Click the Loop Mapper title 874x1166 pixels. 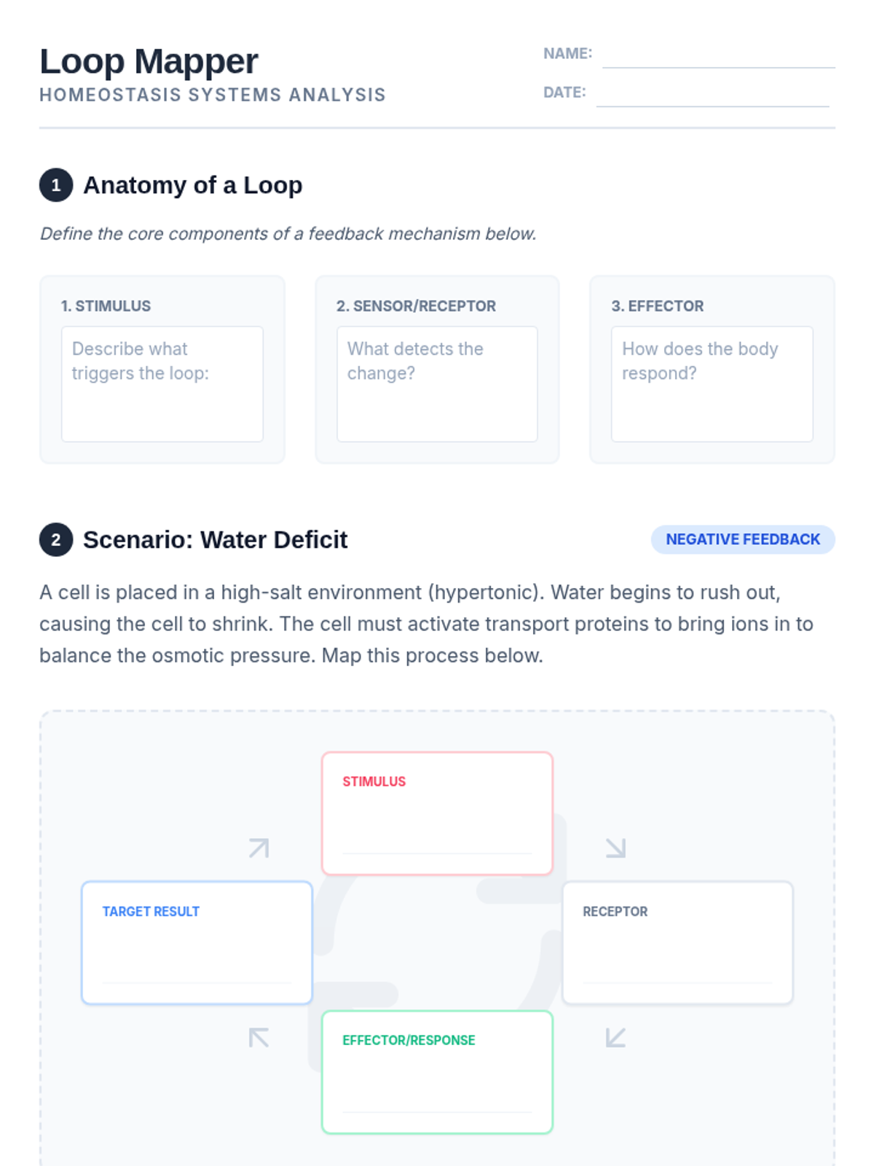149,61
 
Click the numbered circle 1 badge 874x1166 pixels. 56,185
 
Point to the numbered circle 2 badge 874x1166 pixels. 56,540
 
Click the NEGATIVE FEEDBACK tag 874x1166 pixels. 742,539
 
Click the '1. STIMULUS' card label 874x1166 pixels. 106,306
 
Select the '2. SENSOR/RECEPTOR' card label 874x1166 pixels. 416,306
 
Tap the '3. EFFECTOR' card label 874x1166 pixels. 657,306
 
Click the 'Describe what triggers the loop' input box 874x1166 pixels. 162,384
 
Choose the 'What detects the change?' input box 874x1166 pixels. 437,384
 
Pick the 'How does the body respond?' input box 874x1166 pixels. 712,384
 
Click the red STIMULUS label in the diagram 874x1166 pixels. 374,781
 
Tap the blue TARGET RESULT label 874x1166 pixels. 151,912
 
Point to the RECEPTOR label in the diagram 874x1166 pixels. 615,912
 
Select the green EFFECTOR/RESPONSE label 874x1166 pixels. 409,1041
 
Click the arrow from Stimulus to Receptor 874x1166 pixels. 615,848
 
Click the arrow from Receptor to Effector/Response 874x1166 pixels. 615,1037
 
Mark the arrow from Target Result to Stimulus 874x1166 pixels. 259,848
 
